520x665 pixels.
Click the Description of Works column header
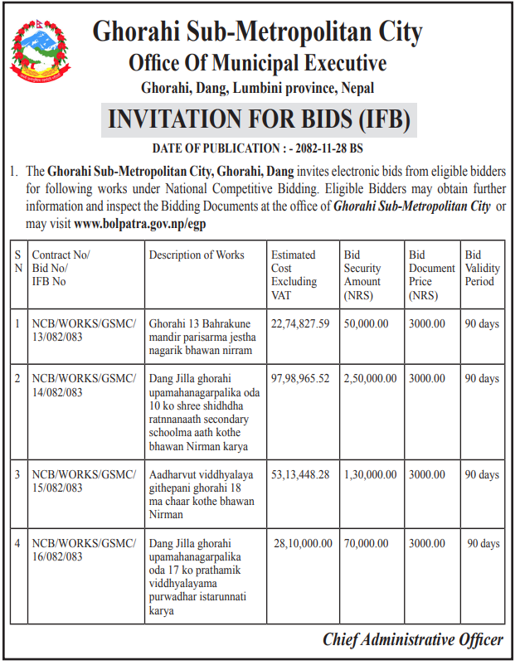(197, 255)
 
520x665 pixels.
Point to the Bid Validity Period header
(480, 268)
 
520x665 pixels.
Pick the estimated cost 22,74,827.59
(300, 323)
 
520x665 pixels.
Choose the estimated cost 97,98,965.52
(300, 378)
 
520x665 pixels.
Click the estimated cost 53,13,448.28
(300, 474)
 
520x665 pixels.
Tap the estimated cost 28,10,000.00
(303, 543)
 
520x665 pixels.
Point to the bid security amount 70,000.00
(366, 543)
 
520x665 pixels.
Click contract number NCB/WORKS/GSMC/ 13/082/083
(83, 330)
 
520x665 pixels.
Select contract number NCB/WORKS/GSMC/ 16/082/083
(83, 550)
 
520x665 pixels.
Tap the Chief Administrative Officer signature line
(413, 639)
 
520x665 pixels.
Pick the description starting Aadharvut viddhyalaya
(202, 494)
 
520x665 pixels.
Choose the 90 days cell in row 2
(482, 378)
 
